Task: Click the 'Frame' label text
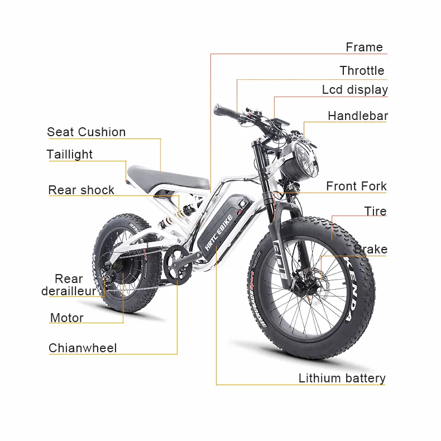[x=364, y=47]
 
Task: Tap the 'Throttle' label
[x=362, y=71]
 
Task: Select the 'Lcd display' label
[x=354, y=90]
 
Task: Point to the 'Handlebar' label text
[x=357, y=116]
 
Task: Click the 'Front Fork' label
[x=356, y=186]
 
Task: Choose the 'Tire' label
[x=375, y=212]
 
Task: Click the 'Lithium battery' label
[x=342, y=378]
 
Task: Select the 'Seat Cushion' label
[x=87, y=132]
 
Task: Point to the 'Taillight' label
[x=70, y=155]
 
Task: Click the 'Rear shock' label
[x=81, y=190]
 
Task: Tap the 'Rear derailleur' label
[x=69, y=285]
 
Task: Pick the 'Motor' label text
[x=67, y=318]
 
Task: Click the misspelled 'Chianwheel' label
[x=83, y=348]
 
